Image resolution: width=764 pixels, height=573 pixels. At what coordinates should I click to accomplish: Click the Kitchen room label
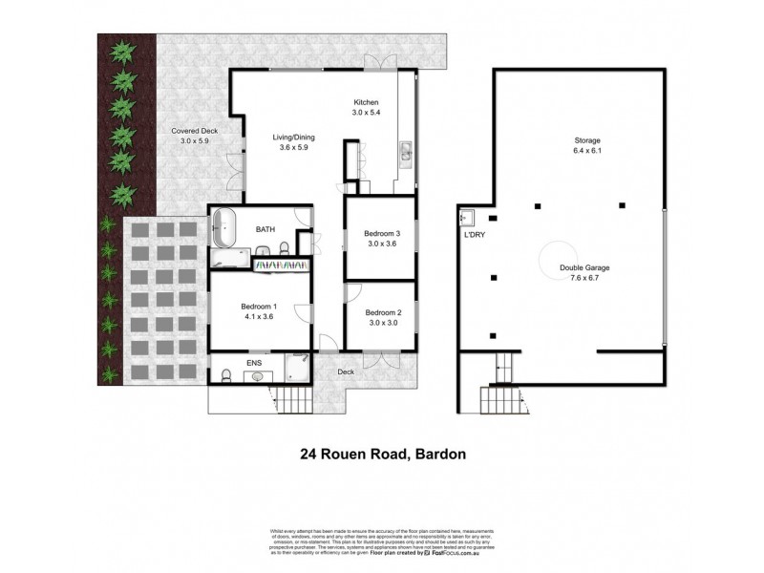pos(367,102)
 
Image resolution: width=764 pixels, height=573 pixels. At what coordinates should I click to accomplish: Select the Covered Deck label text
pos(191,131)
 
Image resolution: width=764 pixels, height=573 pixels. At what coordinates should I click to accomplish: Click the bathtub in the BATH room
pos(224,230)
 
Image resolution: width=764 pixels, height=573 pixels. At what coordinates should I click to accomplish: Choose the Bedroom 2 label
pos(383,312)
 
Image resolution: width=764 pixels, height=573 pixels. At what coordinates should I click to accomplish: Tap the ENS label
pos(254,364)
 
